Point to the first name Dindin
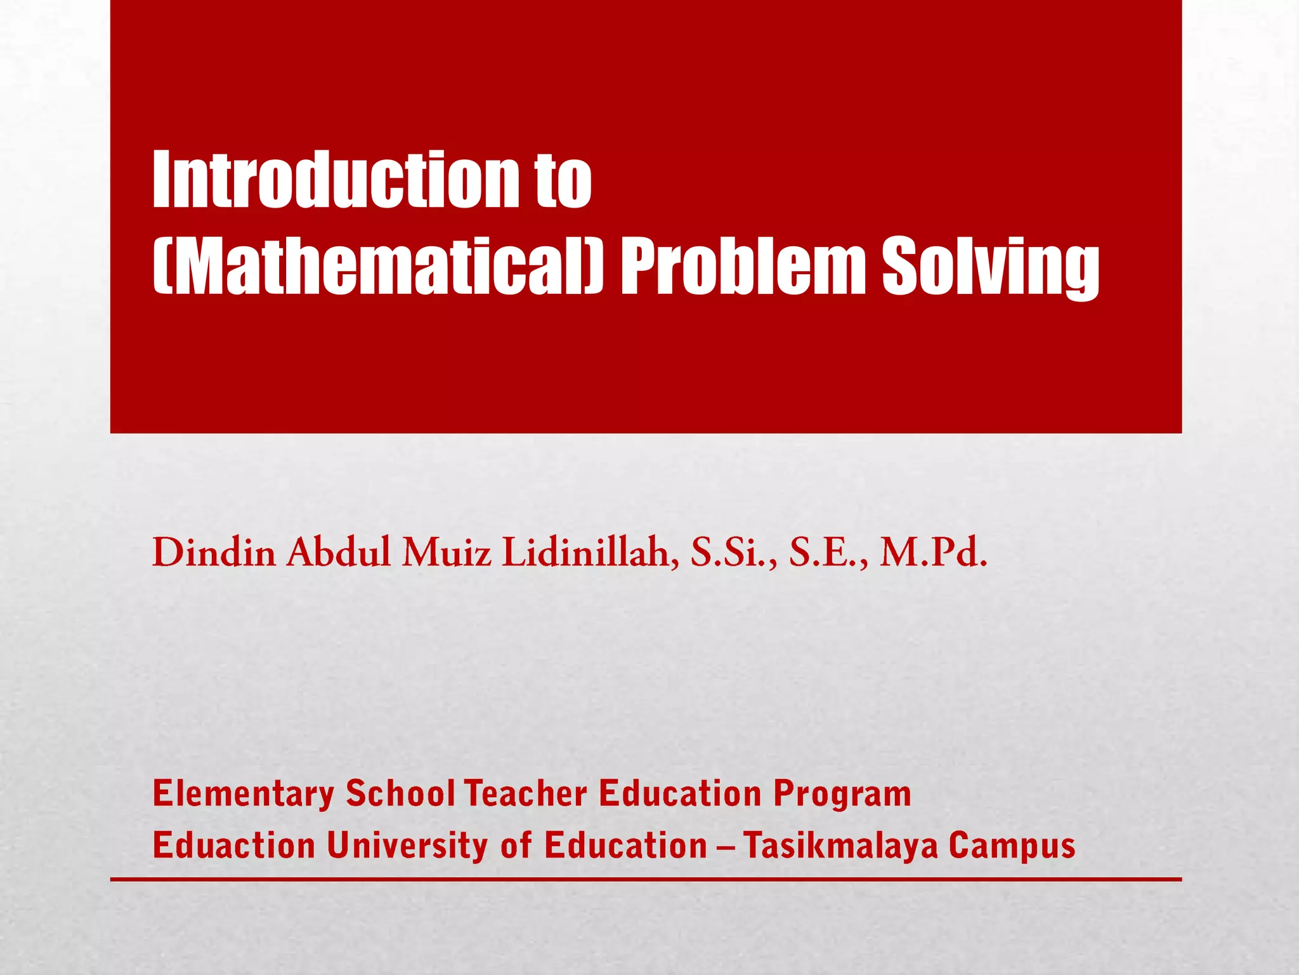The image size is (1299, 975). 214,553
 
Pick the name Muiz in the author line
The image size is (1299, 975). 447,553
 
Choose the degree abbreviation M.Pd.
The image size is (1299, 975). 933,553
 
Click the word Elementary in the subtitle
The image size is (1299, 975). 244,794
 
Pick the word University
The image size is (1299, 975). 408,846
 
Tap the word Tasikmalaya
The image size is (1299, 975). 840,846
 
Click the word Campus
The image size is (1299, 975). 1012,846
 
